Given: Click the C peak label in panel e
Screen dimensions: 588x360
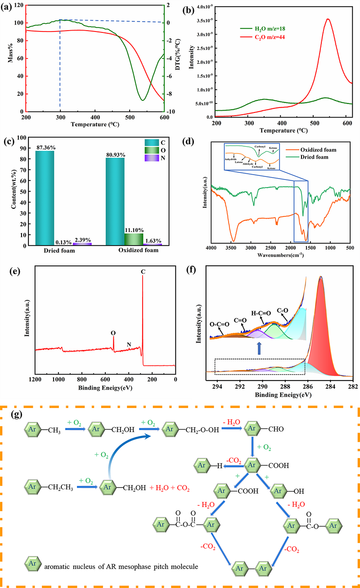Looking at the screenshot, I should click(x=143, y=272).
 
